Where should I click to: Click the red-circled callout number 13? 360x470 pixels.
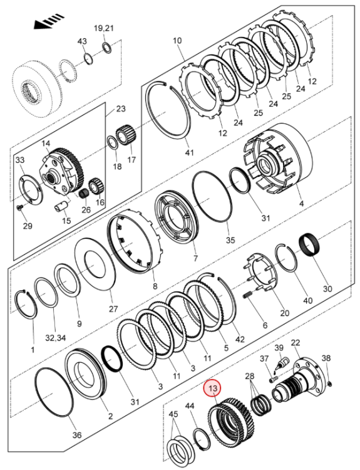tap(213, 389)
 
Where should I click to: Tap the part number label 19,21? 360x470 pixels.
tap(104, 29)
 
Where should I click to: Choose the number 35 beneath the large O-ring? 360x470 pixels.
tap(230, 239)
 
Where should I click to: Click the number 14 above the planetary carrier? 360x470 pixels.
tap(45, 144)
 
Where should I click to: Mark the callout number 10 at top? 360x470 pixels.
tap(177, 41)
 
